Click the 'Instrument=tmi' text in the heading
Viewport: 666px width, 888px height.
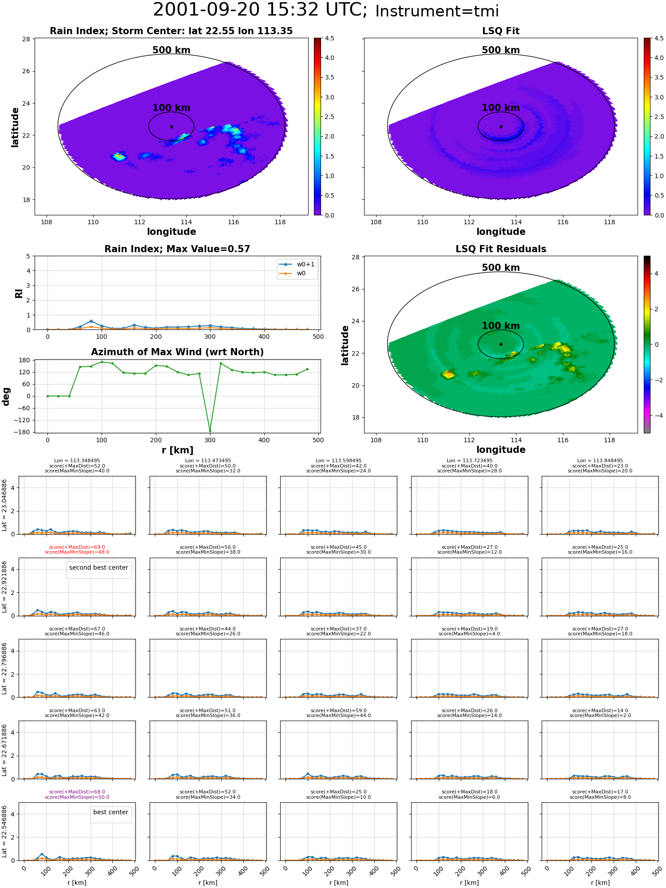(x=437, y=11)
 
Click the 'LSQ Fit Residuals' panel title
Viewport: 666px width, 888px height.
(x=501, y=249)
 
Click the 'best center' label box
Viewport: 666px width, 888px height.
(x=111, y=812)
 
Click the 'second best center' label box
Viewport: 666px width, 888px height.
(x=99, y=567)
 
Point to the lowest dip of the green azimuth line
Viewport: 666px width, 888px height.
(x=210, y=431)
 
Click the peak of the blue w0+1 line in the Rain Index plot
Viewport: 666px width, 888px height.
(x=91, y=321)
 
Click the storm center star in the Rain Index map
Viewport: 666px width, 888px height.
(x=171, y=127)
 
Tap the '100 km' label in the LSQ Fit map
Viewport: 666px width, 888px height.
(x=501, y=108)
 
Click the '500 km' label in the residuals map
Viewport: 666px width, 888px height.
(x=501, y=268)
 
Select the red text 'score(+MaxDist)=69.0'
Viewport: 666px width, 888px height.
(x=77, y=547)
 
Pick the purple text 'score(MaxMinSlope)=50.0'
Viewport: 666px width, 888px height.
(x=77, y=797)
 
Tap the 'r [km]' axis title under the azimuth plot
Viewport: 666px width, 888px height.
(x=178, y=450)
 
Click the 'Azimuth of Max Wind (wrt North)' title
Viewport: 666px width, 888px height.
(x=178, y=352)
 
